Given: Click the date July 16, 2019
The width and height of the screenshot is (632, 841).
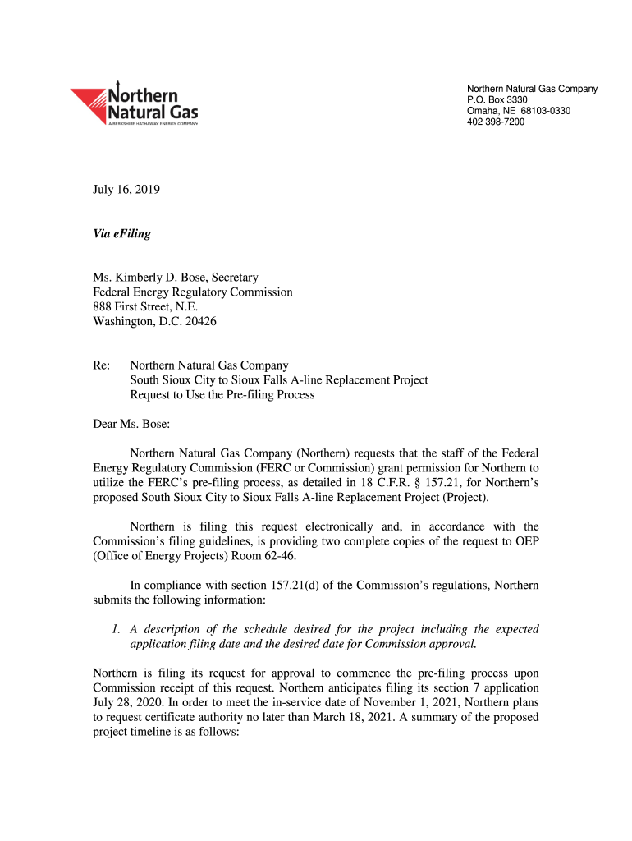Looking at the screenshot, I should coord(126,190).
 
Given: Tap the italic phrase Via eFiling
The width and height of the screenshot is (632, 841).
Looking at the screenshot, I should coord(121,234).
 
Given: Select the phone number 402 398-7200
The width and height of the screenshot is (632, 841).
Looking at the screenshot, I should coord(496,122).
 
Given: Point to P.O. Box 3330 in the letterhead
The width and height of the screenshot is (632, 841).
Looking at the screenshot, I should coord(497,100).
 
